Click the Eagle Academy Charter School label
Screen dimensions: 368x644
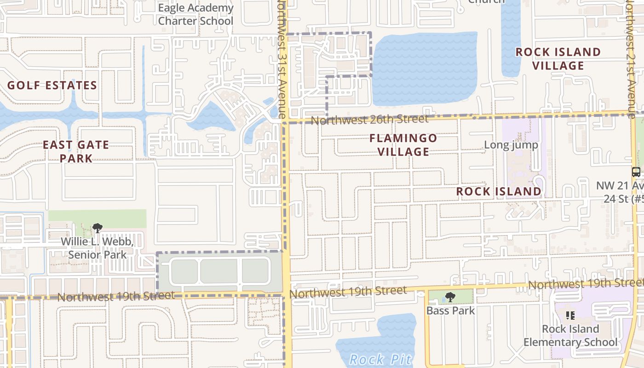195,15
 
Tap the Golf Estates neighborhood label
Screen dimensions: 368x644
52,86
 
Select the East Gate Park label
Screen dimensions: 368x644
76,151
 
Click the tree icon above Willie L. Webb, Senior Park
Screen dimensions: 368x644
97,228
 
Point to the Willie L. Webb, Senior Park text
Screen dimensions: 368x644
97,248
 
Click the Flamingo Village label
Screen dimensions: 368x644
403,145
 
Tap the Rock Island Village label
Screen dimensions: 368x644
558,59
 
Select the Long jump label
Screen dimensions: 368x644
511,145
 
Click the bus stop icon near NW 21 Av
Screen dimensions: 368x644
636,172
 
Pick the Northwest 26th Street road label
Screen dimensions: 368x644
369,120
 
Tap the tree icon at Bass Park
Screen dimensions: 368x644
450,297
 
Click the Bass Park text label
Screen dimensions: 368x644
450,310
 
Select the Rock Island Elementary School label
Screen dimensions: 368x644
570,335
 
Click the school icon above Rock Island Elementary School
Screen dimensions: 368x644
570,316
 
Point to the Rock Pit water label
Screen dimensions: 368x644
379,359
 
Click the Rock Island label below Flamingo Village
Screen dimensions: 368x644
499,191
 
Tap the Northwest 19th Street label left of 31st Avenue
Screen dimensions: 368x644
116,296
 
